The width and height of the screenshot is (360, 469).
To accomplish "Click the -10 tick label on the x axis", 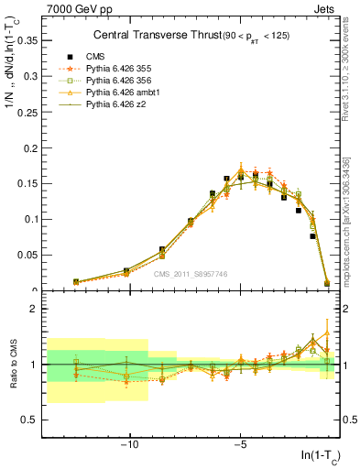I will tap(129, 442).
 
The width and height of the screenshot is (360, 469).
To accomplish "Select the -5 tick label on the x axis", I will tap(239, 442).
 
